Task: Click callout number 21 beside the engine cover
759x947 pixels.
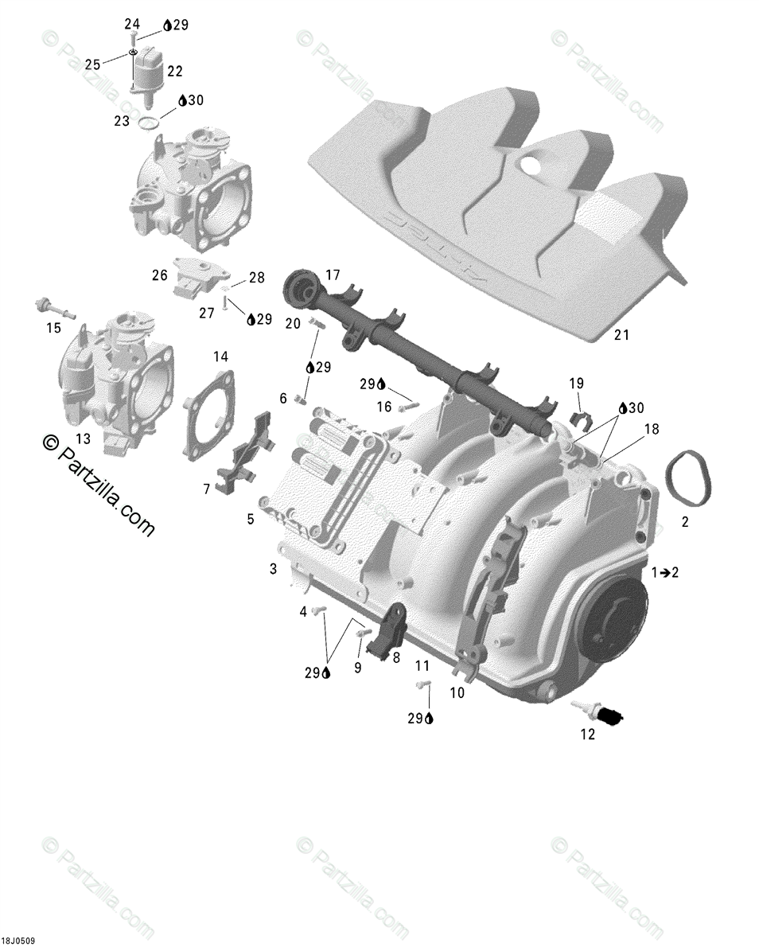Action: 621,335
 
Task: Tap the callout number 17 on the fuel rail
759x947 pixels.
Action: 333,275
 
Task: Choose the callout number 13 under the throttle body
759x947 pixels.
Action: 83,438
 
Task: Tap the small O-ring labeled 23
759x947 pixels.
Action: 148,123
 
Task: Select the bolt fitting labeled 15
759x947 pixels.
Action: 51,308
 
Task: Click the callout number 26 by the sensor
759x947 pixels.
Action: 160,275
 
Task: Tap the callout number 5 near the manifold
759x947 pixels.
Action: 250,520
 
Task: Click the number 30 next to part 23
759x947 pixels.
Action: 196,100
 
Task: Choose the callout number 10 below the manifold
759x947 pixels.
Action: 457,693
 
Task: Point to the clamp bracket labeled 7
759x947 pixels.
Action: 249,455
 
